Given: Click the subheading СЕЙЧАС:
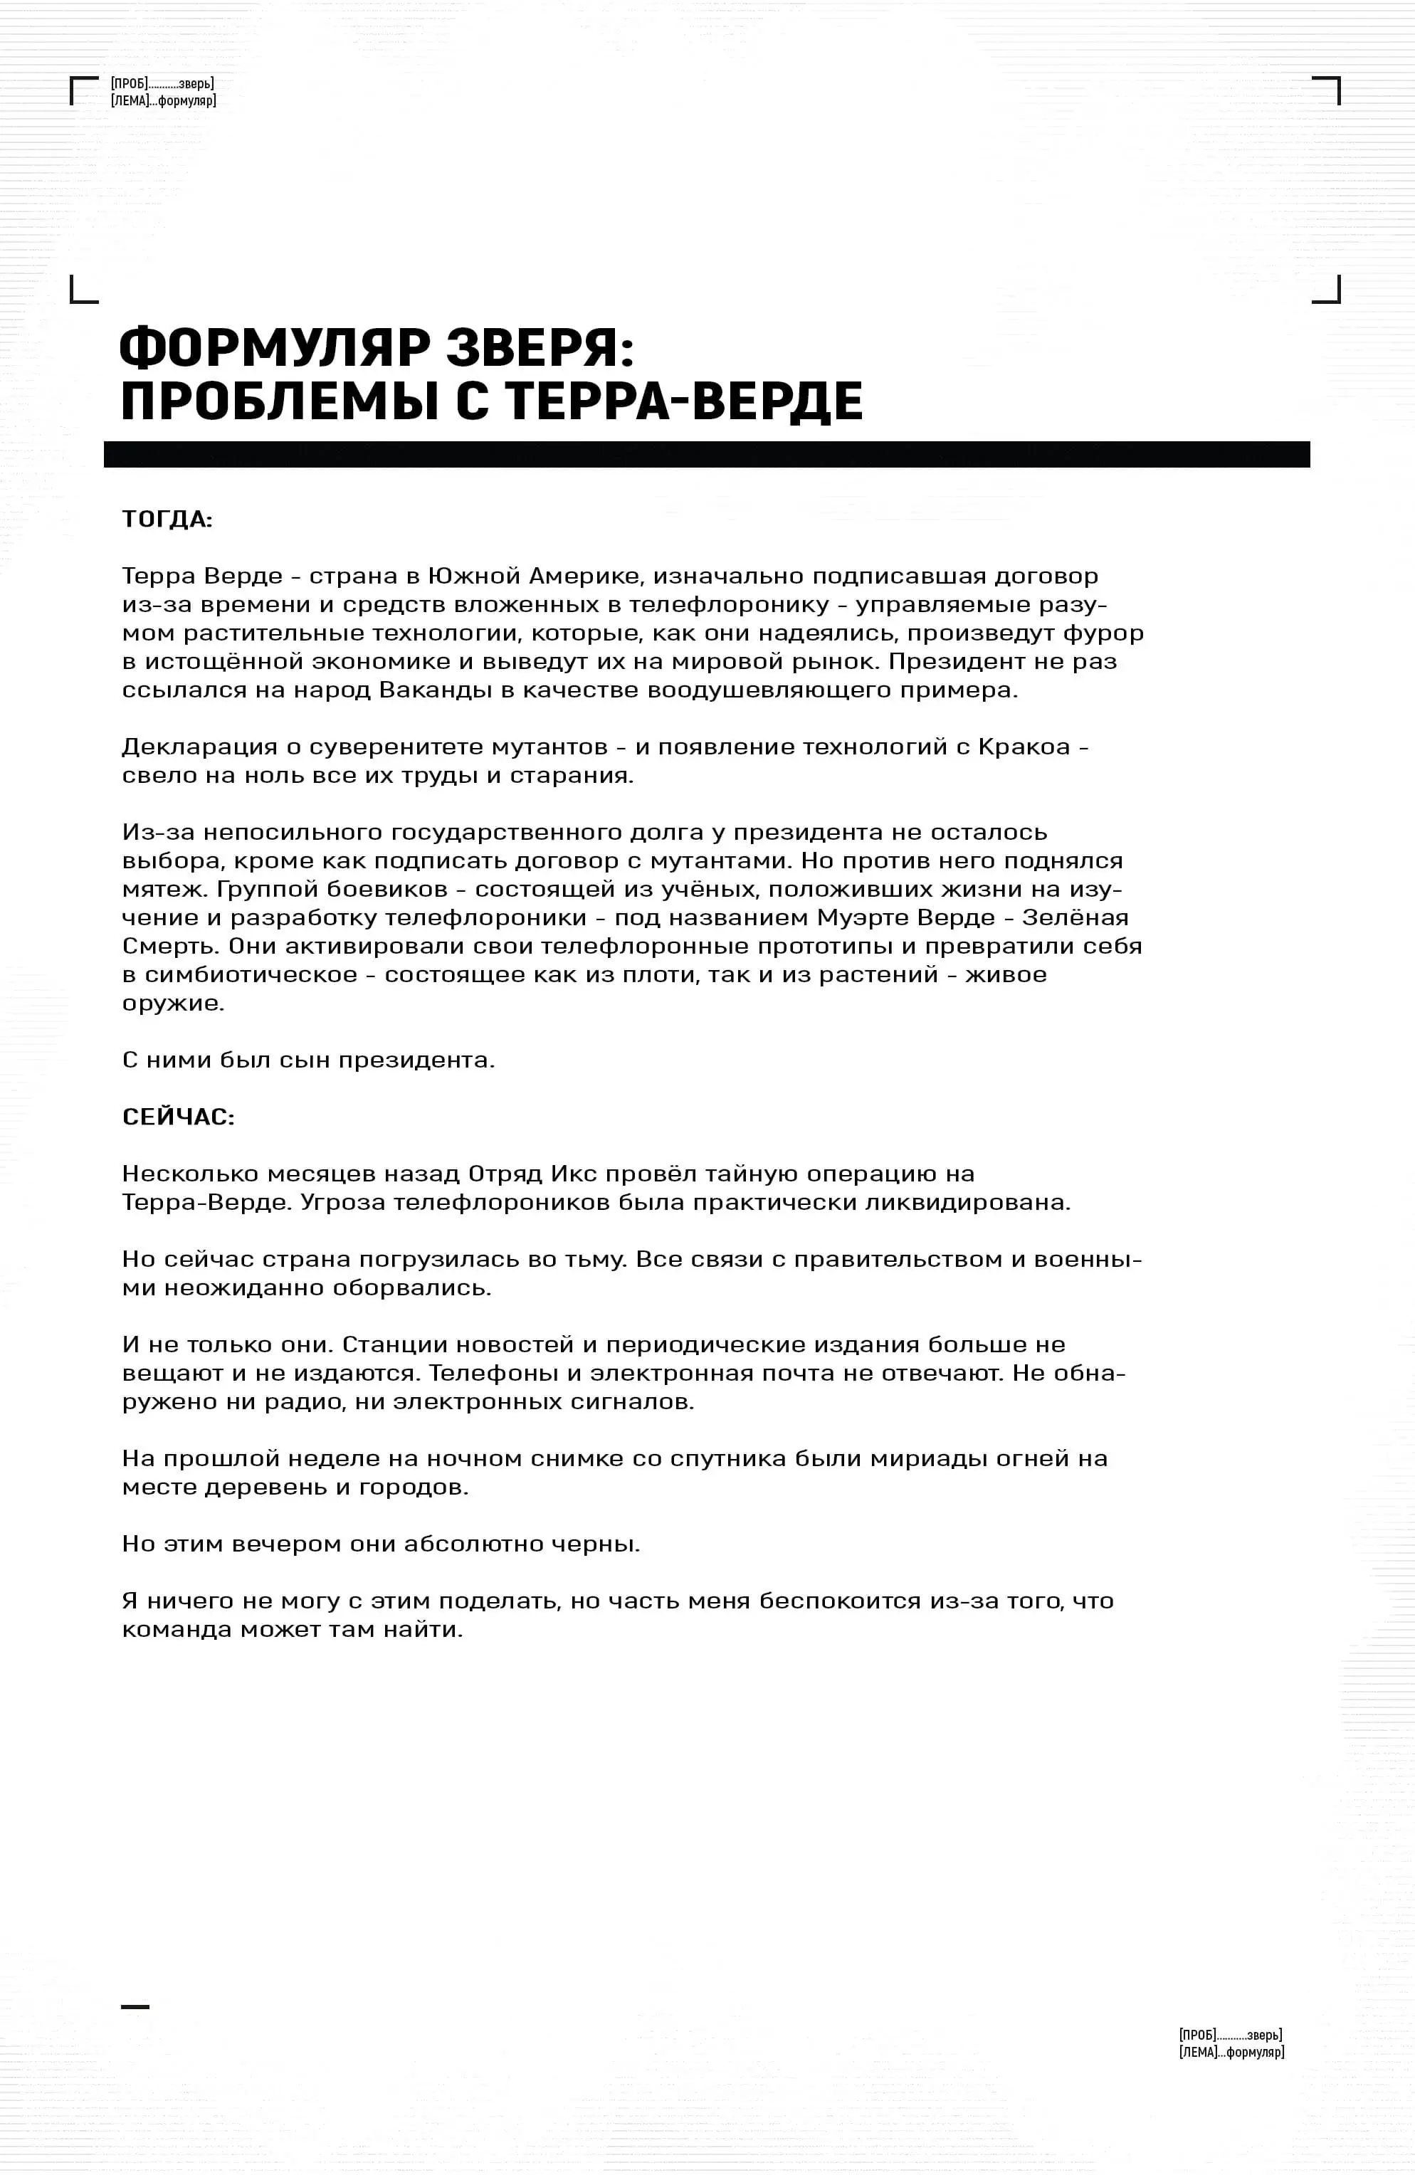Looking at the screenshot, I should tap(178, 1117).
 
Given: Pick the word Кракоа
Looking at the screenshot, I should tap(1024, 747).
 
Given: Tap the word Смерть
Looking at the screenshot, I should tap(170, 946).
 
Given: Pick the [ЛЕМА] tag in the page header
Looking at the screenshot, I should tap(130, 100).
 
